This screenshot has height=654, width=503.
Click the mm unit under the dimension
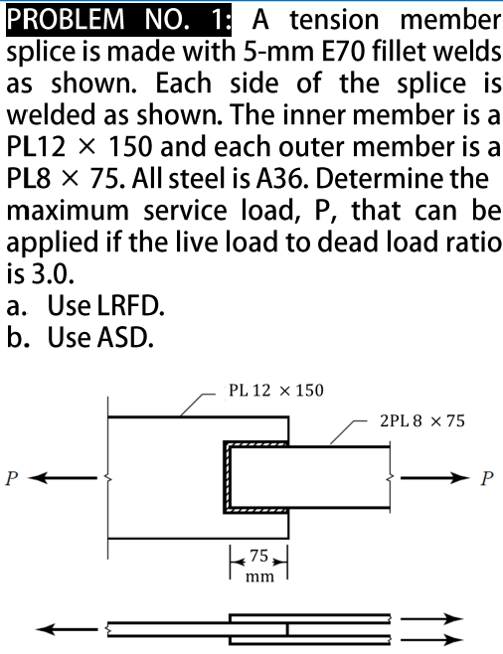[258, 575]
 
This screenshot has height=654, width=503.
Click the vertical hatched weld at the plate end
[229, 478]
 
